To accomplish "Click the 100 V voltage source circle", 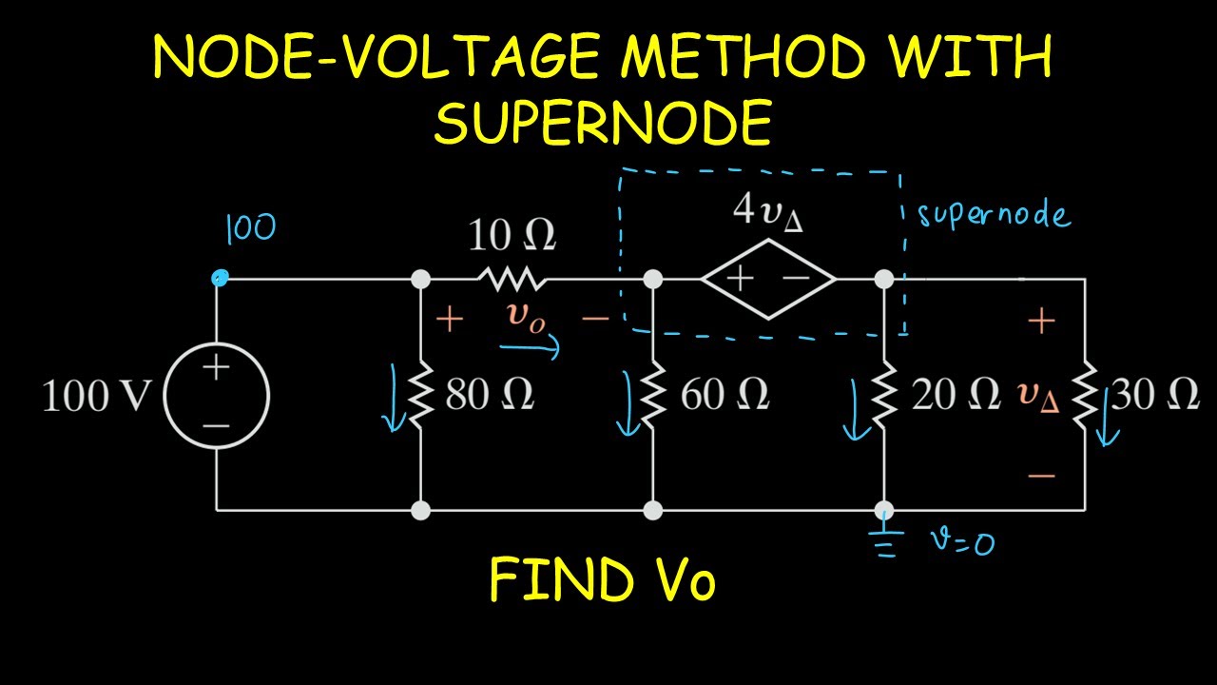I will tap(217, 396).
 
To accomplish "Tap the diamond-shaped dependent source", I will tap(768, 279).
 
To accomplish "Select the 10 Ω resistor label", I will tap(512, 237).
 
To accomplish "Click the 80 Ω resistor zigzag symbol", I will tap(420, 395).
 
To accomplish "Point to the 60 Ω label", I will tap(724, 395).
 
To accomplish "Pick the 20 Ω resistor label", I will tap(955, 395).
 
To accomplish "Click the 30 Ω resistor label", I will tap(1154, 395).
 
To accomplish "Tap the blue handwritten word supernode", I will tap(994, 216).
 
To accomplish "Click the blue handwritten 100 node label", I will tap(250, 229).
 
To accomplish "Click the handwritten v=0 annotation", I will tap(962, 541).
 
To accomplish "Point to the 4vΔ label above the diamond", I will tap(768, 211).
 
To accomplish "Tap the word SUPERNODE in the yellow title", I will tap(602, 123).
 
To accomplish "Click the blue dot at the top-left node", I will tap(220, 278).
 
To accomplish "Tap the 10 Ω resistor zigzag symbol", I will tap(512, 279).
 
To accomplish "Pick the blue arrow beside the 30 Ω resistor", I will tap(1107, 419).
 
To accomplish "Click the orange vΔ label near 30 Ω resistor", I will tap(1038, 396).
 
